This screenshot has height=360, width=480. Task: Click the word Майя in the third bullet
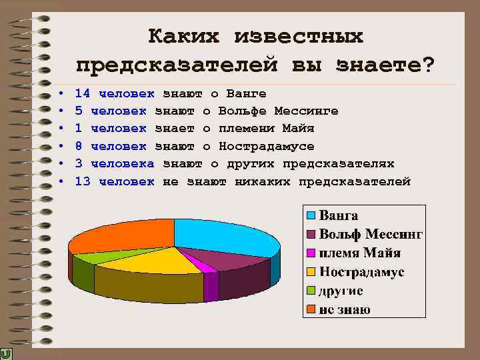click(299, 128)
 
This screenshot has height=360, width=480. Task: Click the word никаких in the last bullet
click(263, 181)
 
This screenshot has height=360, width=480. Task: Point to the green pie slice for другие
click(93, 256)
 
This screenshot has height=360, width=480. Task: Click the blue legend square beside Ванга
click(311, 216)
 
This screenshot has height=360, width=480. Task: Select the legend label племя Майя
click(360, 253)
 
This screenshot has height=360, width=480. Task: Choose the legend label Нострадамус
click(362, 272)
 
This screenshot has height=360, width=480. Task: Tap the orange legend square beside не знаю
click(311, 309)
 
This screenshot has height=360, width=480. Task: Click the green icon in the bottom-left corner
click(7, 353)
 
